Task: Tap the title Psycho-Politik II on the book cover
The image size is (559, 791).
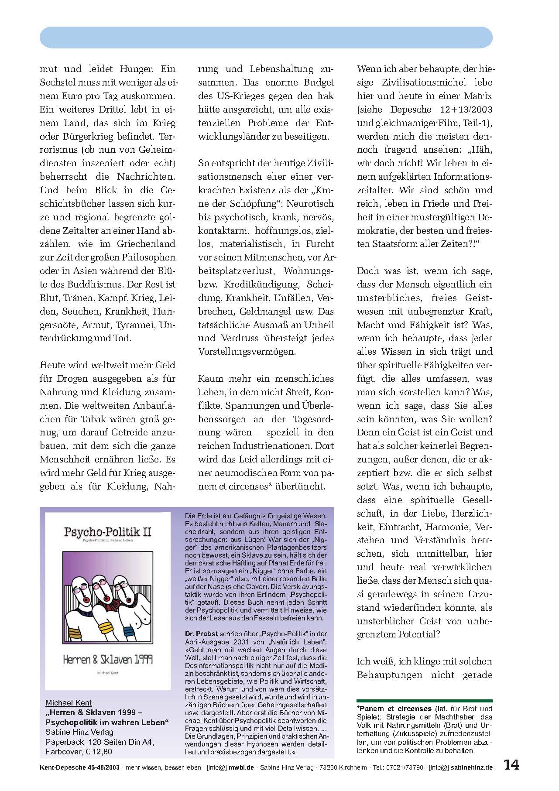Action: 108,532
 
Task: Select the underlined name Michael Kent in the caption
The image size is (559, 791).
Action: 69,702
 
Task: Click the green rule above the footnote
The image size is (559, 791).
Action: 424,700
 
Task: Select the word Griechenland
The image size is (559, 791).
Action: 146,244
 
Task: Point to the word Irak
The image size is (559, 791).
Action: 325,96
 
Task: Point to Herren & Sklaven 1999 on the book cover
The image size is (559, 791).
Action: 108,659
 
